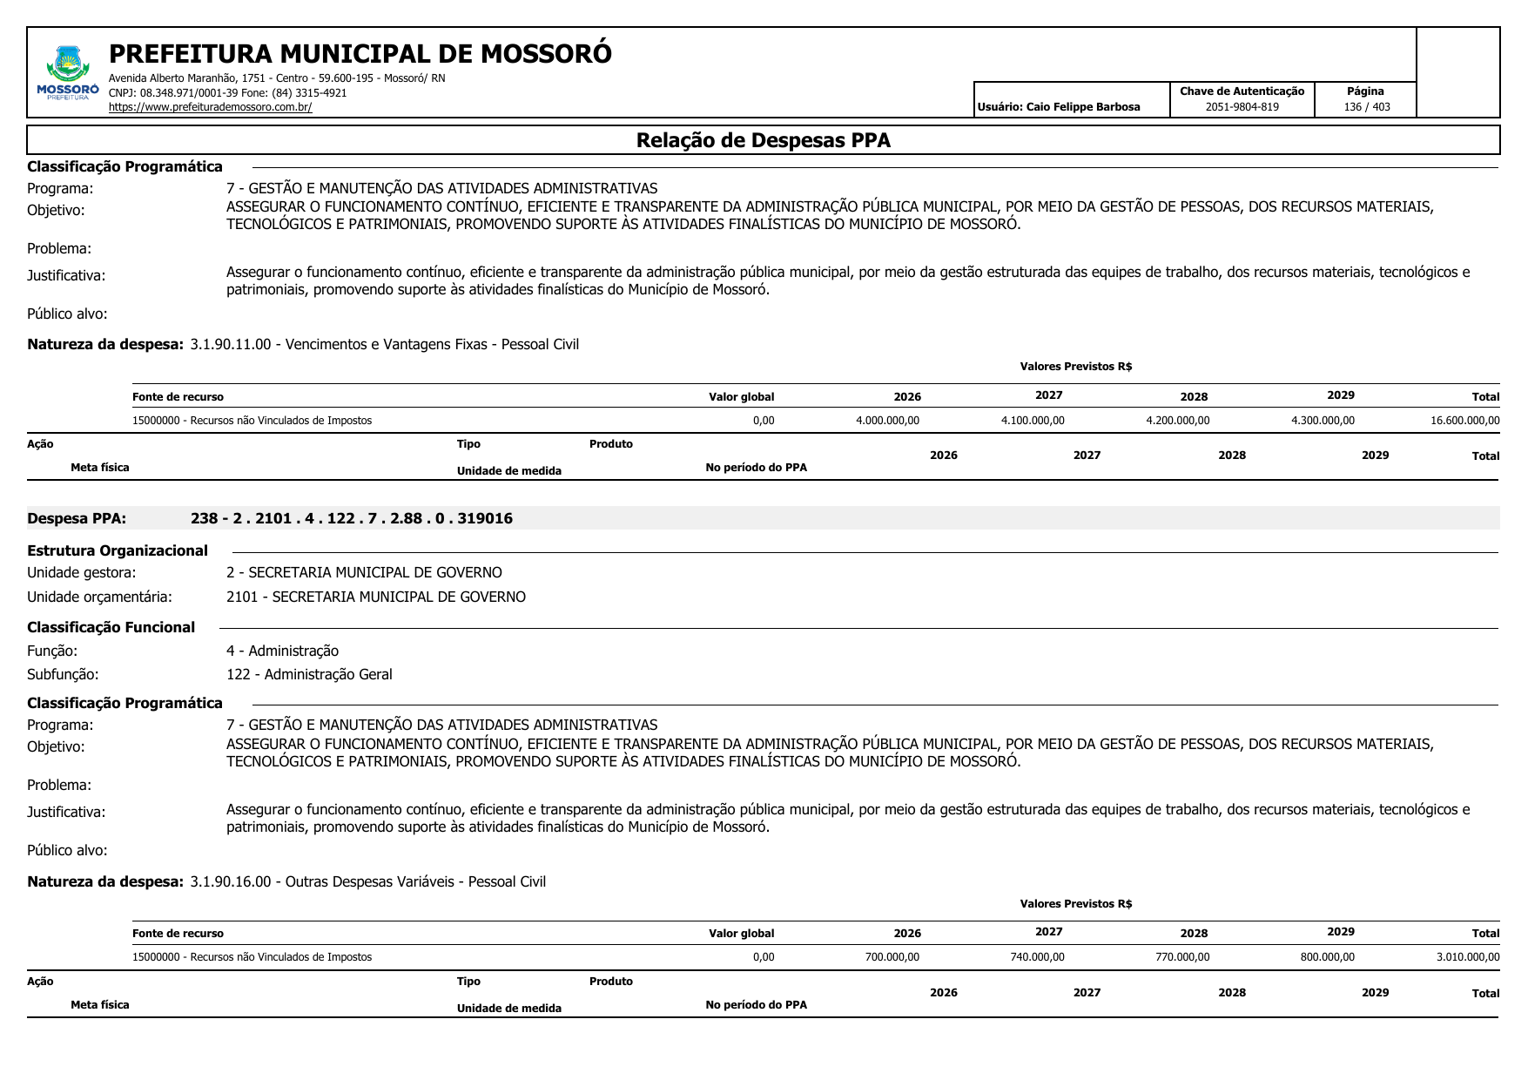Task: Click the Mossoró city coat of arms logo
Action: (68, 71)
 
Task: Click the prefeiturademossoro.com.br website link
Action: (210, 107)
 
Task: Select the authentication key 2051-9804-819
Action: (1242, 107)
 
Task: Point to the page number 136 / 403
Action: (1366, 107)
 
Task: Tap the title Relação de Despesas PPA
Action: (763, 140)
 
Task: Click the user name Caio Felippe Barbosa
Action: (1082, 107)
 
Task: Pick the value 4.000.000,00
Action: (887, 421)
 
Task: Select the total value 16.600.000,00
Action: (1464, 421)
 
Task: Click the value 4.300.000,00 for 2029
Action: (1323, 421)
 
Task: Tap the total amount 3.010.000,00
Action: (1467, 957)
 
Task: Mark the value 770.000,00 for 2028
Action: (1181, 957)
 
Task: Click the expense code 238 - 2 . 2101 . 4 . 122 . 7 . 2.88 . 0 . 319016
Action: (352, 518)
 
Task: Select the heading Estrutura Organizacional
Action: (118, 550)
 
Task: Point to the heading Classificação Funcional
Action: (111, 627)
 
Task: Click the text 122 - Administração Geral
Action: (309, 674)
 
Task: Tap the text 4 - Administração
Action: (282, 651)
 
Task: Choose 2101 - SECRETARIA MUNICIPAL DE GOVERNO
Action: (375, 597)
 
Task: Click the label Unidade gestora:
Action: (81, 572)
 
